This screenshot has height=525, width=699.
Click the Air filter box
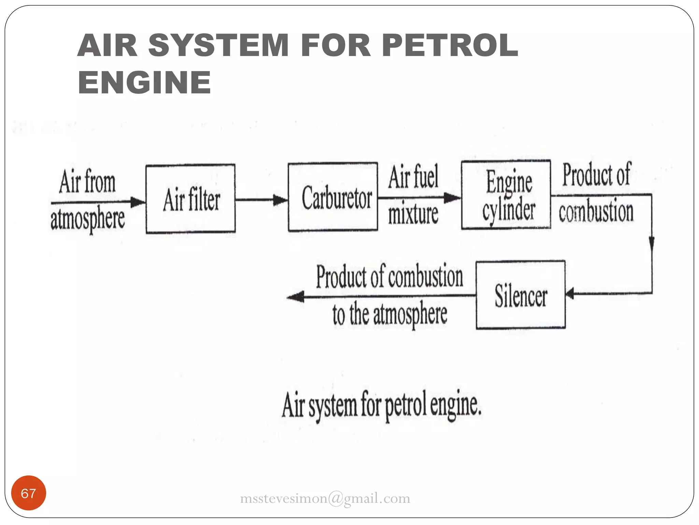coord(190,199)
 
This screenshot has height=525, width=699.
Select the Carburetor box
coord(333,197)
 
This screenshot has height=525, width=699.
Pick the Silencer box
coord(520,295)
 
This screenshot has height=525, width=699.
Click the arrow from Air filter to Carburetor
coord(261,200)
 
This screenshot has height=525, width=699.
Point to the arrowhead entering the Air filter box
coord(138,202)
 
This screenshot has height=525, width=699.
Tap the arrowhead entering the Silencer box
coord(570,293)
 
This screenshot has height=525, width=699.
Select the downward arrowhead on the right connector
coord(651,243)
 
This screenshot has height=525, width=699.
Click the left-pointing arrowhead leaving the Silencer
coord(296,297)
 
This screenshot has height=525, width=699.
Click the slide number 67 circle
coord(28,493)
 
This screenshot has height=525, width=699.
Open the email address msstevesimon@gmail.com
coord(325,498)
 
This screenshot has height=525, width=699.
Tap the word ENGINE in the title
coord(144,82)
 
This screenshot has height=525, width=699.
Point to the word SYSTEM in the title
coord(218,45)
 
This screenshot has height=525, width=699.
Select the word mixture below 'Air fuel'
coord(413,214)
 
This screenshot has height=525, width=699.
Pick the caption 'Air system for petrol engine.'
coord(382,406)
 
